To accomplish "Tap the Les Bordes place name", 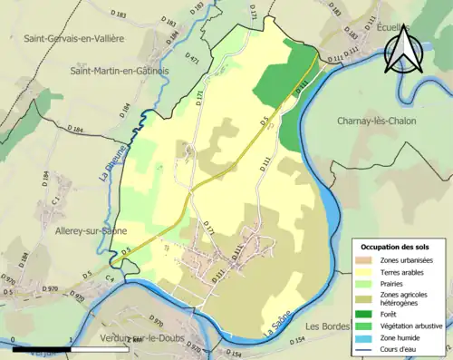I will [327, 326].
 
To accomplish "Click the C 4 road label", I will [110, 280].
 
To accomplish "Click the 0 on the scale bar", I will [13, 342].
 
